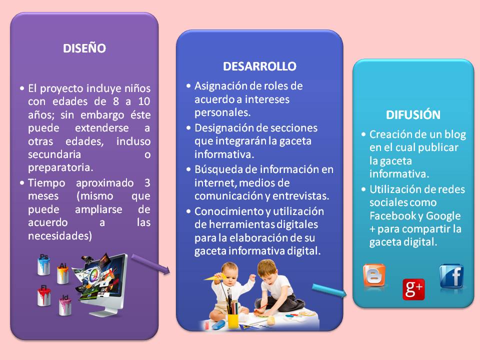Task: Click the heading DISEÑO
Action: click(84, 48)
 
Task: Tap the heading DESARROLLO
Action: click(259, 66)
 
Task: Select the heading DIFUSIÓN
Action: click(413, 115)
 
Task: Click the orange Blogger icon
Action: click(374, 275)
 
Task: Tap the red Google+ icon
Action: click(413, 289)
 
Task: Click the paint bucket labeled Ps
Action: click(44, 264)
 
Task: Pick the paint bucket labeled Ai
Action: click(63, 273)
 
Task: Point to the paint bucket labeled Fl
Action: click(44, 295)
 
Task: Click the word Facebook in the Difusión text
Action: click(391, 215)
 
